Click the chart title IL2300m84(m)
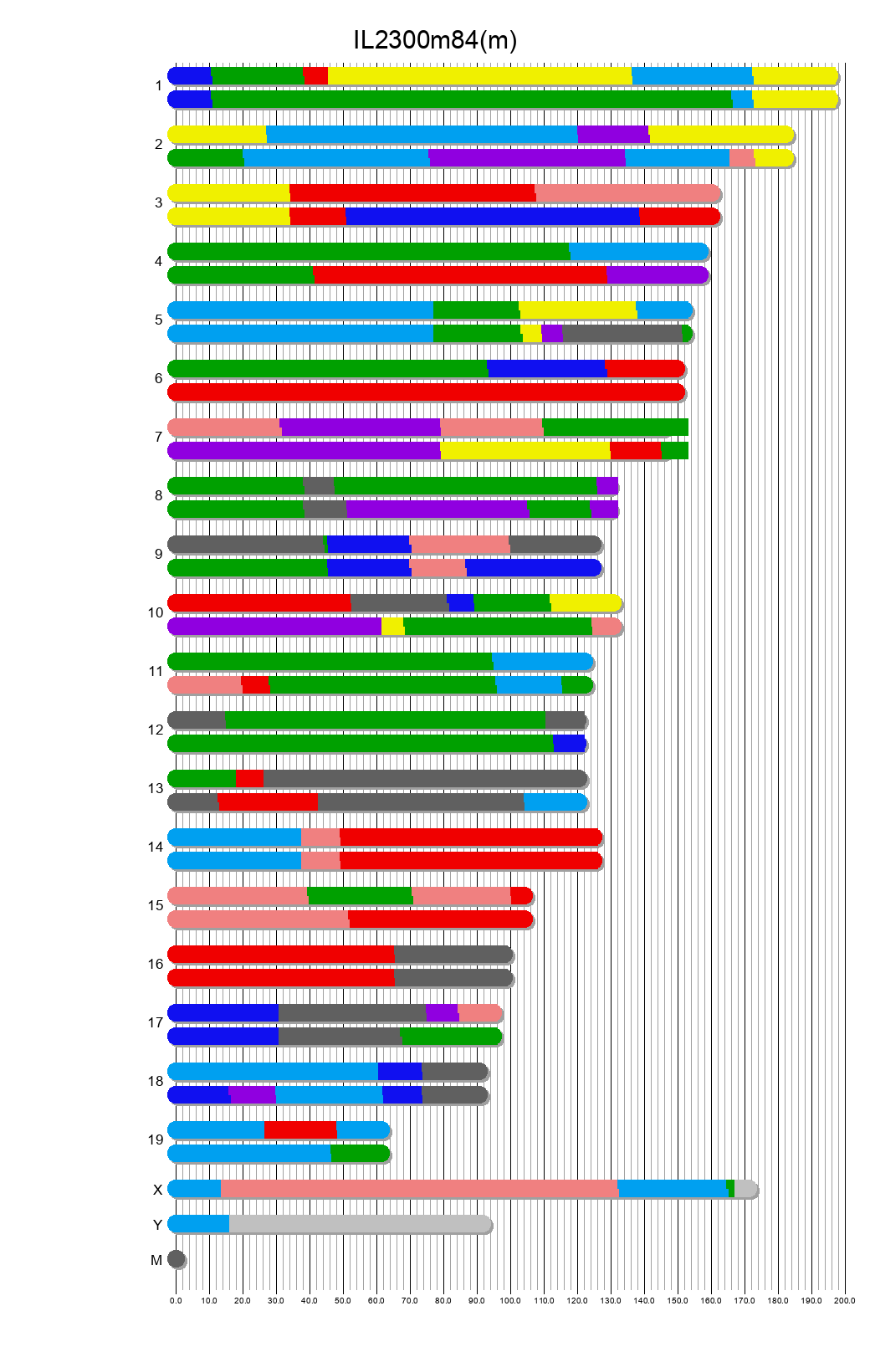(435, 39)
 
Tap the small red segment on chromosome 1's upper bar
(315, 76)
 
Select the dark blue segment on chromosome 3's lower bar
(493, 217)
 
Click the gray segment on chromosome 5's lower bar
(622, 334)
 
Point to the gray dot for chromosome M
(176, 1259)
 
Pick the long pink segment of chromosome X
(418, 1189)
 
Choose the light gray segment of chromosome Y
(360, 1224)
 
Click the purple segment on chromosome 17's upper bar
(442, 1013)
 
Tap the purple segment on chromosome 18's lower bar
(253, 1095)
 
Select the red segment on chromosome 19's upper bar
(300, 1130)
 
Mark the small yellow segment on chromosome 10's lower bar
(392, 627)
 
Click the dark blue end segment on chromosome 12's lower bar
(569, 744)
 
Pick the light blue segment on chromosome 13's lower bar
(555, 802)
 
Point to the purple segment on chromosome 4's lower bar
(658, 275)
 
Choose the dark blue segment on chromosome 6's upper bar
(546, 369)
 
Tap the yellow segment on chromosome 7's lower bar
(525, 451)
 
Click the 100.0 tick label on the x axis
(510, 1301)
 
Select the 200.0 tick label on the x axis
(845, 1301)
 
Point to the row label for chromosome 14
(156, 848)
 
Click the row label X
(157, 1190)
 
